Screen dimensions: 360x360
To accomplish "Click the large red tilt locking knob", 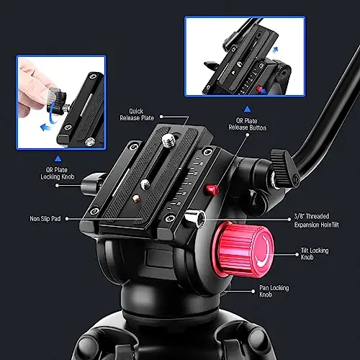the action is (x=243, y=250).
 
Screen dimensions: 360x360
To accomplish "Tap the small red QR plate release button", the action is (x=212, y=190).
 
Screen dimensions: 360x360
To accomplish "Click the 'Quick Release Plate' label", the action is (x=137, y=114).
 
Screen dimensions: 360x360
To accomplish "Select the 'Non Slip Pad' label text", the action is (x=45, y=219).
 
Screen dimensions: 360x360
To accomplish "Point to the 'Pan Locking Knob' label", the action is (x=274, y=291).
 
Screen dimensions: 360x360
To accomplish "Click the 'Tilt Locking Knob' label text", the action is (x=315, y=253).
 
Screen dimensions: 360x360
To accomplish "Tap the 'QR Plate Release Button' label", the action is (x=247, y=124).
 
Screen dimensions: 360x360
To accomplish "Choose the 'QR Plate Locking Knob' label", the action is (x=58, y=174).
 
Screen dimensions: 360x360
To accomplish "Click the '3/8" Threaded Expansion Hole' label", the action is (x=317, y=220).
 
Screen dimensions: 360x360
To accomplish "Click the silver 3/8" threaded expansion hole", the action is (x=197, y=218).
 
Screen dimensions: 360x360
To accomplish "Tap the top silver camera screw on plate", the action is (x=169, y=140).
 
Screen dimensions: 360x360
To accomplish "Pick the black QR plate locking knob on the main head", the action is (x=91, y=184).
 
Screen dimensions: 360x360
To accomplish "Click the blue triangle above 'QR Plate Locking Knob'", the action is (x=58, y=158).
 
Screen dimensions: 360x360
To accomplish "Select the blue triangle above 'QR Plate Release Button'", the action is (x=248, y=109).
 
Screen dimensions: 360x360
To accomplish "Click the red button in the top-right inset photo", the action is (x=258, y=89).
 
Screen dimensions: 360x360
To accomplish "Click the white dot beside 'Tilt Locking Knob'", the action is (x=297, y=254).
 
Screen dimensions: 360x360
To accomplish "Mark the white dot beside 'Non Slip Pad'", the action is (x=67, y=219).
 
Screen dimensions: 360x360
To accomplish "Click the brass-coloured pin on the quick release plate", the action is (x=136, y=198).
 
